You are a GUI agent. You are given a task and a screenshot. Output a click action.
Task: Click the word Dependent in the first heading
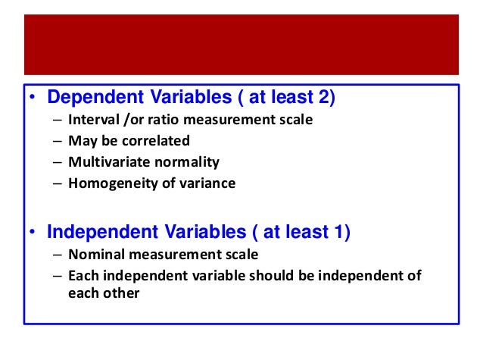tap(88, 98)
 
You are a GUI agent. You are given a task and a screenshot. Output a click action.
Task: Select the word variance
tap(209, 183)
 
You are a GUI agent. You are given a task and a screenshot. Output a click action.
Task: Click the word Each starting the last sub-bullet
tap(81, 276)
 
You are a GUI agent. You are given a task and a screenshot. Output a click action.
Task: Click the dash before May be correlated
tap(58, 141)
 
